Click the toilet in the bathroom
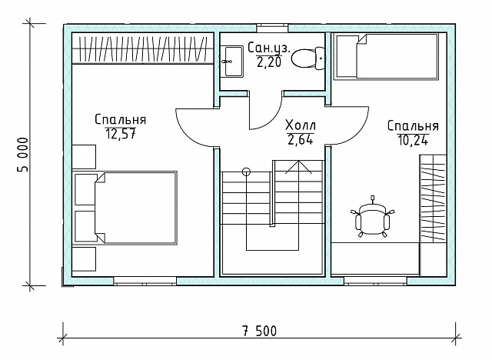click(307, 58)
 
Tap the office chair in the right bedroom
click(372, 218)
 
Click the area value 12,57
click(121, 134)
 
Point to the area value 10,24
click(413, 140)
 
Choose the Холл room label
click(301, 125)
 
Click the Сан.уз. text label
click(269, 48)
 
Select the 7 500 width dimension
click(260, 331)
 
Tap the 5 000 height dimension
click(22, 155)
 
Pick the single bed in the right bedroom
click(387, 56)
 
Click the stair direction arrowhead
click(298, 167)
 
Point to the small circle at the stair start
click(247, 172)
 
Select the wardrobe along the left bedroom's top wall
click(143, 48)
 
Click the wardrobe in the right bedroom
click(433, 198)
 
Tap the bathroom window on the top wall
click(272, 28)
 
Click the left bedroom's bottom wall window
click(145, 281)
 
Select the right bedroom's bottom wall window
click(375, 281)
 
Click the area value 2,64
click(301, 139)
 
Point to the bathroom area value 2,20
click(269, 62)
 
